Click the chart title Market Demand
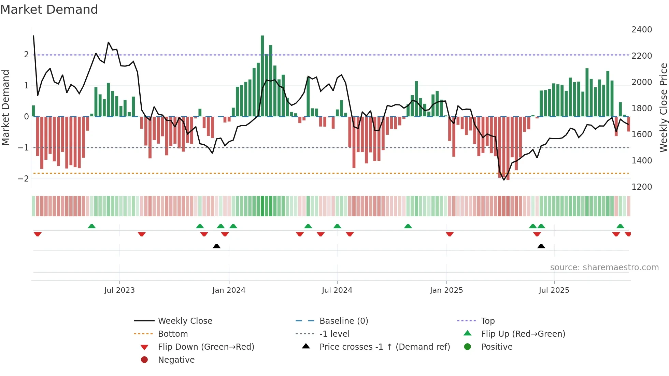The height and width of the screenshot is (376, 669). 49,10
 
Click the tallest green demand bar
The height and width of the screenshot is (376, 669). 262,75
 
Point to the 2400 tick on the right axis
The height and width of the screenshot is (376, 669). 641,30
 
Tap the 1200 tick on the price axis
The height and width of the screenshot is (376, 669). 641,187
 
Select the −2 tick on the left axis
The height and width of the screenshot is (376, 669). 23,178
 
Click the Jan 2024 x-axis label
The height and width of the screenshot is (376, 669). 229,290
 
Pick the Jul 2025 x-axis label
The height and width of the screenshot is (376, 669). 554,290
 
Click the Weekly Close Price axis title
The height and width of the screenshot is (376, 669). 663,107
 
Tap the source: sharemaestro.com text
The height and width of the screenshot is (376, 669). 604,267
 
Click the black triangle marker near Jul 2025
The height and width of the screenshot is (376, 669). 541,246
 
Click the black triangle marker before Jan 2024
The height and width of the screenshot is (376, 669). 216,246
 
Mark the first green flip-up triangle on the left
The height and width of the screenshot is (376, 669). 91,226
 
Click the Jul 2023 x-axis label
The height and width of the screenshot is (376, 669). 119,290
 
